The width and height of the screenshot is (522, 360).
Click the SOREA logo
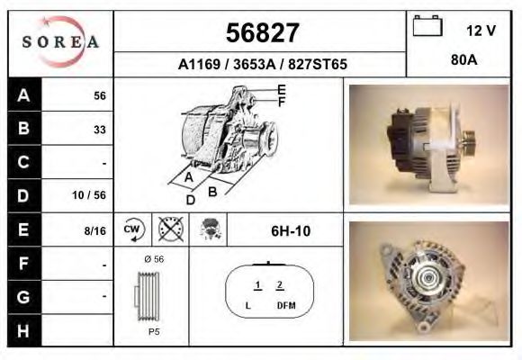(x=60, y=42)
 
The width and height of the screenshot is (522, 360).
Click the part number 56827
(x=263, y=33)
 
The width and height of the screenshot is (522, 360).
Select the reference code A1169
(x=199, y=64)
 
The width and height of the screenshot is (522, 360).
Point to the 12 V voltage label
(x=481, y=31)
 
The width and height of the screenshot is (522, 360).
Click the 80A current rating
(x=464, y=60)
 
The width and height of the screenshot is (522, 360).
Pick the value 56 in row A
(x=100, y=96)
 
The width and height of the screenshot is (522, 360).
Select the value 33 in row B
(x=100, y=130)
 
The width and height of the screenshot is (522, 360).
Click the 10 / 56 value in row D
(x=89, y=195)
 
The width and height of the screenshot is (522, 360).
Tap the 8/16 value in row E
(x=94, y=230)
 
